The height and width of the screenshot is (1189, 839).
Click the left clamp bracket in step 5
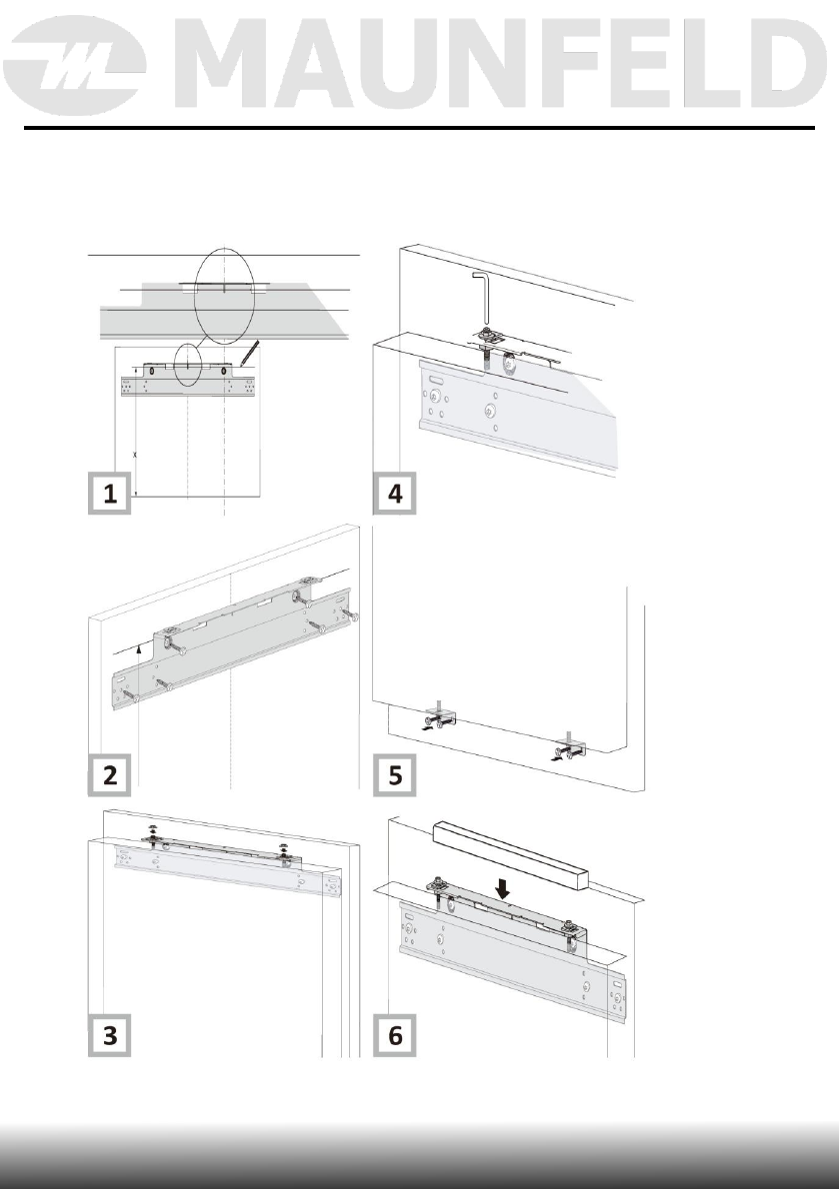[x=441, y=719]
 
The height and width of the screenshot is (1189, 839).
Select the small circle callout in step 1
[x=186, y=366]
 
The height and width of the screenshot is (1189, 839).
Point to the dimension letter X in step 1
[x=134, y=452]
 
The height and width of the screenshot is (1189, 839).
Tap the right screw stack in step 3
[x=284, y=849]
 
